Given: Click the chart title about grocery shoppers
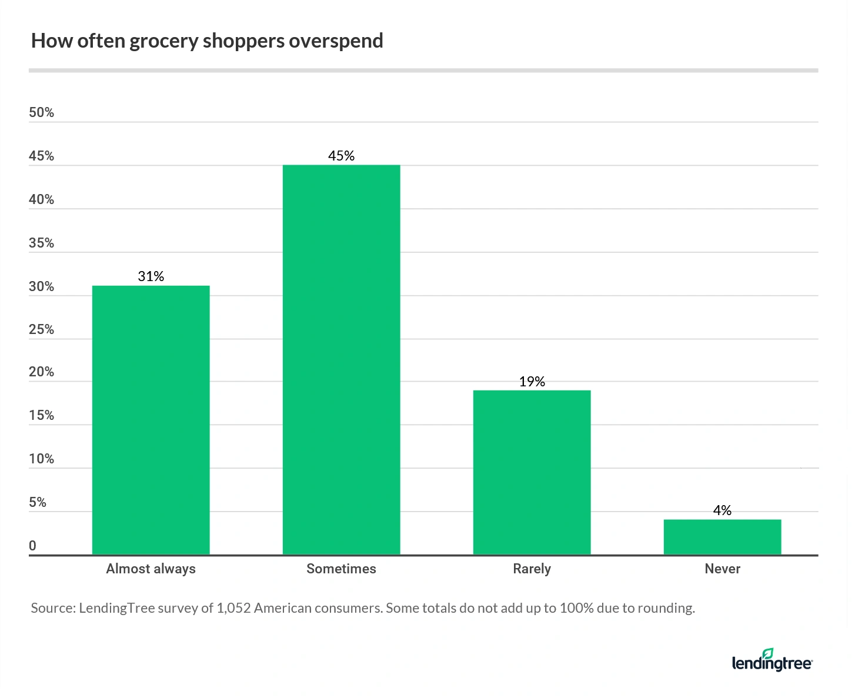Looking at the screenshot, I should (x=207, y=41).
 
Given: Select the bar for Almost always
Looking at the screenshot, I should (x=151, y=420).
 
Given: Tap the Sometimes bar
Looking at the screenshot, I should (x=341, y=359).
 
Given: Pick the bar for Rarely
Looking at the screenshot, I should (x=532, y=472).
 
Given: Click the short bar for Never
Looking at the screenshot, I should (x=722, y=537).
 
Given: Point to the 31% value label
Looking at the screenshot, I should (x=151, y=276).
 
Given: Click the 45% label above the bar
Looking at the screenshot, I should (x=341, y=156).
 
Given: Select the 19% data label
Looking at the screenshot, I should (x=532, y=382).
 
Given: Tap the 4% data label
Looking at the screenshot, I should (x=722, y=510).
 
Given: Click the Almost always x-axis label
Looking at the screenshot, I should (x=151, y=569).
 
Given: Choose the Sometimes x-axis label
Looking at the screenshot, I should (x=341, y=569).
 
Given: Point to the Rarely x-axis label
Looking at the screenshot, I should (x=532, y=569).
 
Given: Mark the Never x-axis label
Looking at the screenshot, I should (x=722, y=569).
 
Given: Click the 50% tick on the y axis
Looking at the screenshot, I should (x=41, y=113).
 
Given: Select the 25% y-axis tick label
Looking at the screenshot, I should (x=41, y=329).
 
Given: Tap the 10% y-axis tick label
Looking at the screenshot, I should (x=41, y=459).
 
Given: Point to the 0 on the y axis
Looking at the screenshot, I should (x=33, y=546).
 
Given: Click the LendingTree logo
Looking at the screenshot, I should (x=771, y=661).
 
